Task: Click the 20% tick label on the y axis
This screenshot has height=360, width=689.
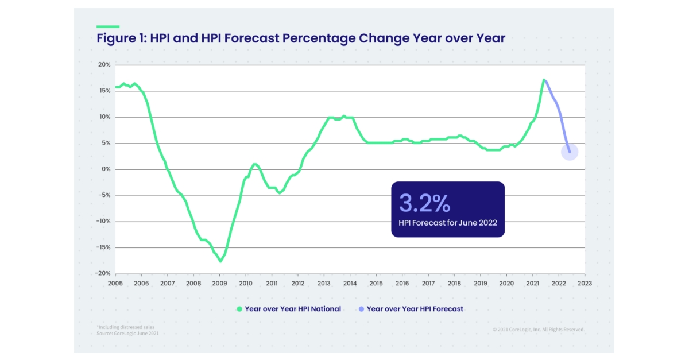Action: pyautogui.click(x=103, y=64)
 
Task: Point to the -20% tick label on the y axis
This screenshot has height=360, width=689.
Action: pyautogui.click(x=102, y=273)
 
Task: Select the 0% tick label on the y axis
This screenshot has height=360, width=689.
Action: pyautogui.click(x=105, y=169)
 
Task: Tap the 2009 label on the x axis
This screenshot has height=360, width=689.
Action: pyautogui.click(x=219, y=284)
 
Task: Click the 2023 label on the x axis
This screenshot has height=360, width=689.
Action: pyautogui.click(x=585, y=284)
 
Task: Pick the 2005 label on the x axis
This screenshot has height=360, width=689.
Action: pyautogui.click(x=115, y=284)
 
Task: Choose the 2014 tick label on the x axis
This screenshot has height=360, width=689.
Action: pyautogui.click(x=350, y=284)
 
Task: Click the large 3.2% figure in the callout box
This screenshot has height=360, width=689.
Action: pyautogui.click(x=424, y=203)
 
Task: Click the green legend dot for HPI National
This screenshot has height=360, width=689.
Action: pyautogui.click(x=239, y=309)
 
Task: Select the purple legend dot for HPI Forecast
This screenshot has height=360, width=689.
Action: pyautogui.click(x=361, y=309)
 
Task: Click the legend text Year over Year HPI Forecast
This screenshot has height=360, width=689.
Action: pyautogui.click(x=415, y=309)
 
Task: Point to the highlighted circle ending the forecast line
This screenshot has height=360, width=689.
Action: pyautogui.click(x=569, y=152)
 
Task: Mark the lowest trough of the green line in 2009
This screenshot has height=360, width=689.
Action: pyautogui.click(x=220, y=261)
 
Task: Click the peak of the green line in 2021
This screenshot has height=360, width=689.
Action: pyautogui.click(x=543, y=80)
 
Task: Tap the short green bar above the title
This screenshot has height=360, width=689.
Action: pyautogui.click(x=108, y=26)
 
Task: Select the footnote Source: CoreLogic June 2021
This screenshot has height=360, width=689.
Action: pyautogui.click(x=127, y=333)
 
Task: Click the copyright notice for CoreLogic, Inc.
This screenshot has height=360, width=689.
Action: pyautogui.click(x=538, y=330)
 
